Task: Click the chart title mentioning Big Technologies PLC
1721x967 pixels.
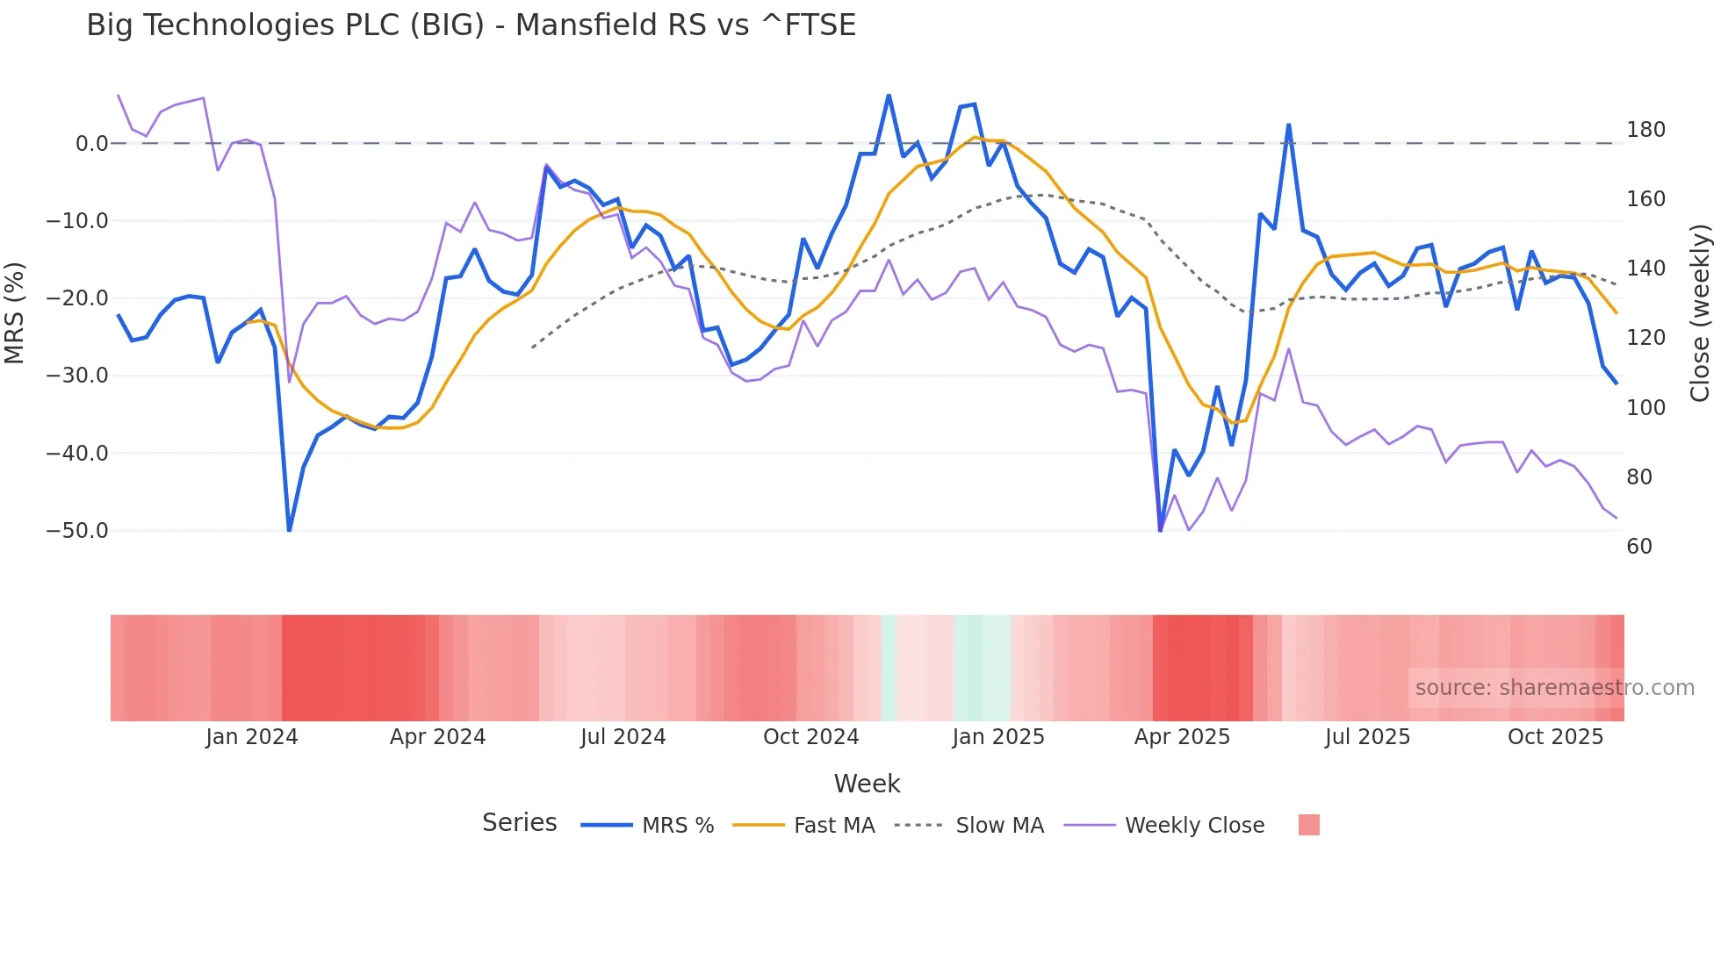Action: click(471, 25)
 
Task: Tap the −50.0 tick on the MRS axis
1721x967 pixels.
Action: click(77, 531)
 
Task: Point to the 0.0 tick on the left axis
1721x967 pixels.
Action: click(91, 144)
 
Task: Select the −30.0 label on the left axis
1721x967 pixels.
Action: click(77, 376)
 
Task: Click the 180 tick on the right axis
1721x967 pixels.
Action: click(1645, 130)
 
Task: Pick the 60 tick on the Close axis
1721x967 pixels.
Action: click(1639, 547)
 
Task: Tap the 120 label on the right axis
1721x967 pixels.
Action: click(1645, 338)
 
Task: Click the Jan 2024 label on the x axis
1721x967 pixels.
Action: click(252, 737)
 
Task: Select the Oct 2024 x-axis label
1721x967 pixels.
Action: click(810, 737)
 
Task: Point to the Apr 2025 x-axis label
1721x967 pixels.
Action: click(1182, 737)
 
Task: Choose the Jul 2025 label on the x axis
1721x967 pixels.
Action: click(1367, 737)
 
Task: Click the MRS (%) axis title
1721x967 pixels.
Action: click(15, 312)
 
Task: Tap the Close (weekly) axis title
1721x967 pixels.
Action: click(1701, 312)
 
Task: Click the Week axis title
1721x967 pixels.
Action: click(867, 784)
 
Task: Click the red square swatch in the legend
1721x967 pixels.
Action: click(1308, 825)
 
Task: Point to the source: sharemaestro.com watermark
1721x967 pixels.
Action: click(1554, 688)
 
